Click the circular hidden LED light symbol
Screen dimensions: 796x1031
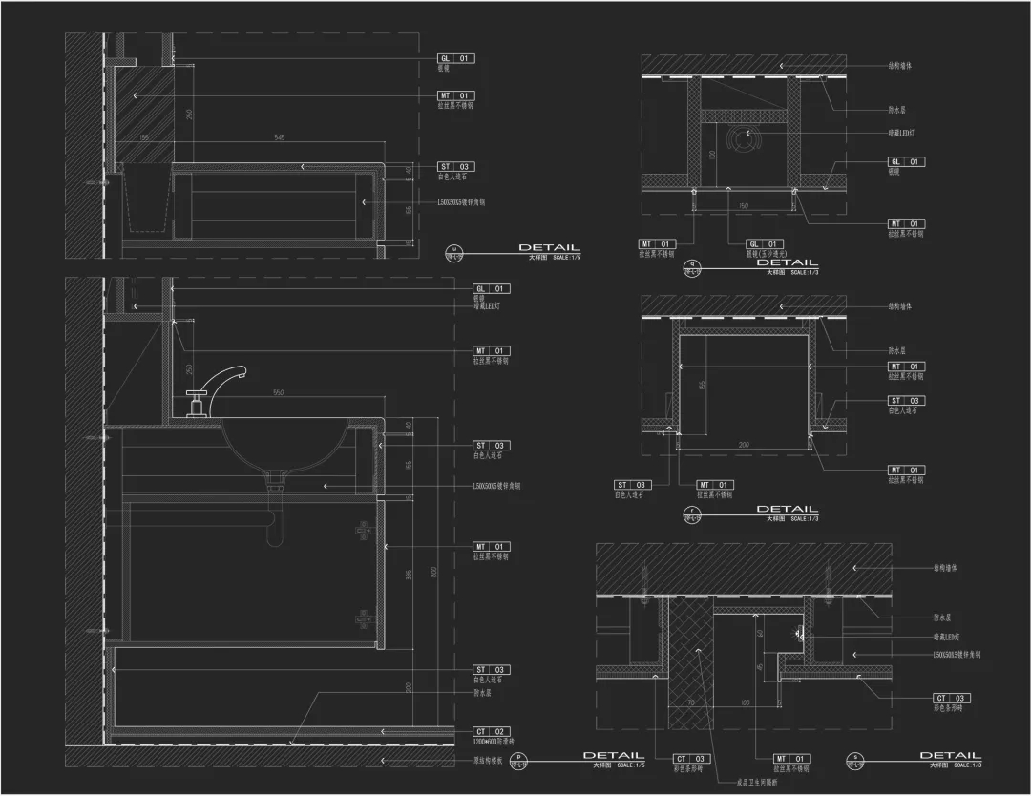point(743,139)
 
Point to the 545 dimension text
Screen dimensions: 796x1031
point(279,138)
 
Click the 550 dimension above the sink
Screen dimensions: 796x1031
point(279,393)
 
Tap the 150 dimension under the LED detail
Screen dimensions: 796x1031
point(744,205)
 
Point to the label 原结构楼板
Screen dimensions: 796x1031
point(490,761)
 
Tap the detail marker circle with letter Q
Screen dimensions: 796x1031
point(692,267)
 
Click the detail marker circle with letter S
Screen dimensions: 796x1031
point(854,762)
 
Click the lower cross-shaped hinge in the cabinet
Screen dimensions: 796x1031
point(363,618)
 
